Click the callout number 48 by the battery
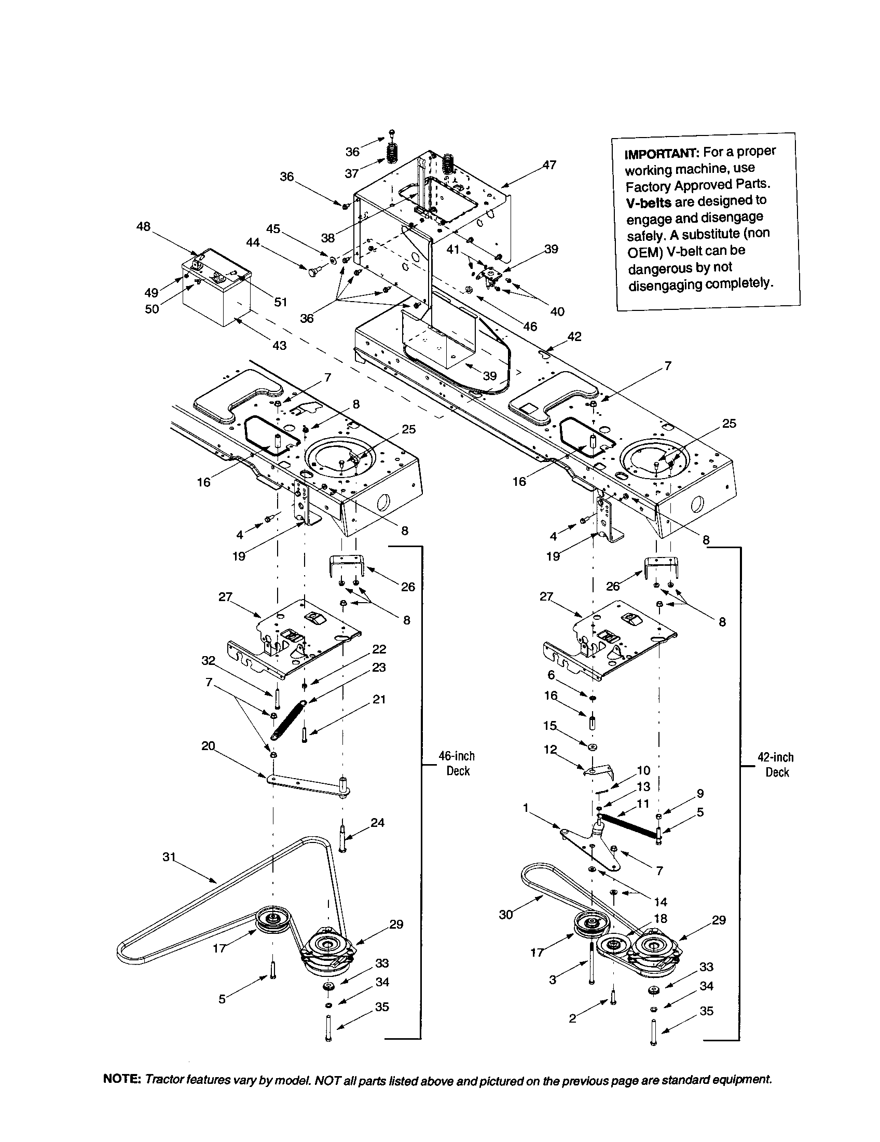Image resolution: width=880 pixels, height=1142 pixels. pos(143,226)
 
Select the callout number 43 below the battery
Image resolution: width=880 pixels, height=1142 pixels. pos(279,346)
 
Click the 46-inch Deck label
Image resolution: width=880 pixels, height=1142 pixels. pos(457,764)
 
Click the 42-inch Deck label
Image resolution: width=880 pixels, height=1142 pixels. pos(776,765)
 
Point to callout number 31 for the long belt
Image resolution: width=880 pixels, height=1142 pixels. pos(169,856)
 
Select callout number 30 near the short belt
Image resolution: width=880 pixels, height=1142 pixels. pos(506,915)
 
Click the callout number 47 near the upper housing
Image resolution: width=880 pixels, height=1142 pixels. pos(548,165)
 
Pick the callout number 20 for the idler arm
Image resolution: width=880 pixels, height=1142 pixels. pos(208,745)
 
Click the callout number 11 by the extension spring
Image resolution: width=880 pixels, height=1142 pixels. pos(643,803)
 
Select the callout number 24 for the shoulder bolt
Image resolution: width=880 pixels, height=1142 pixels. pos(377,823)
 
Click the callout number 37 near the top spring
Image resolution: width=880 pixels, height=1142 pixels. pos(352,173)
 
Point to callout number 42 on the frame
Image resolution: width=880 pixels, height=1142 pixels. pos(574,336)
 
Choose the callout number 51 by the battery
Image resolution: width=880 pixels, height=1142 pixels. pos(281,302)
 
